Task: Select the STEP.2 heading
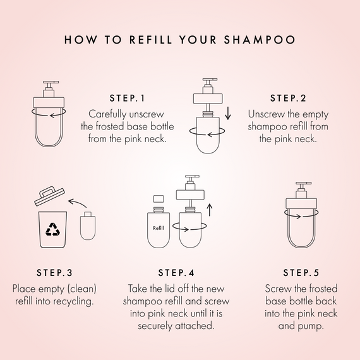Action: pyautogui.click(x=288, y=99)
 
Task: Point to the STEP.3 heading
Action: pyautogui.click(x=54, y=273)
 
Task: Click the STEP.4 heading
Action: pyautogui.click(x=179, y=273)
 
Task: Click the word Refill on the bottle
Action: pyautogui.click(x=160, y=228)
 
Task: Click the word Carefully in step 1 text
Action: pyautogui.click(x=111, y=115)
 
